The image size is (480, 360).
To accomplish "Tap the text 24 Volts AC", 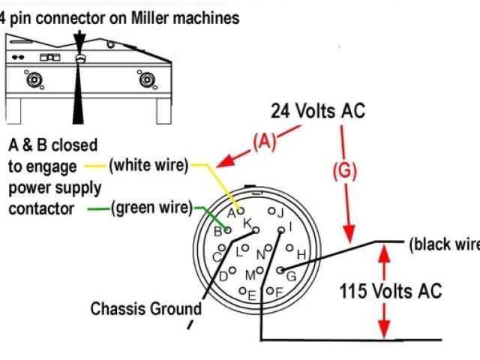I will [317, 111].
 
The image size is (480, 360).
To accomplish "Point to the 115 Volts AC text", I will [391, 289].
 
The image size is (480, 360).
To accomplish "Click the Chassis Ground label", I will [146, 307].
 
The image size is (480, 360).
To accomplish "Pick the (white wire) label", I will [148, 166].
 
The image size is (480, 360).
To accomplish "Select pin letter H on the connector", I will [301, 255].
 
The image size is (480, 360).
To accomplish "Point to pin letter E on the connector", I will [251, 295].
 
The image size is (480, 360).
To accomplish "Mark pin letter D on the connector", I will [222, 276].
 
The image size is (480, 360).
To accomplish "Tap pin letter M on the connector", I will [250, 274].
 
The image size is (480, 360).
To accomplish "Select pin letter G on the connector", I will [291, 276].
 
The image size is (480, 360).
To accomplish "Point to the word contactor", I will [41, 208].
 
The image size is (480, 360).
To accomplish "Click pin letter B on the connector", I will [218, 231].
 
